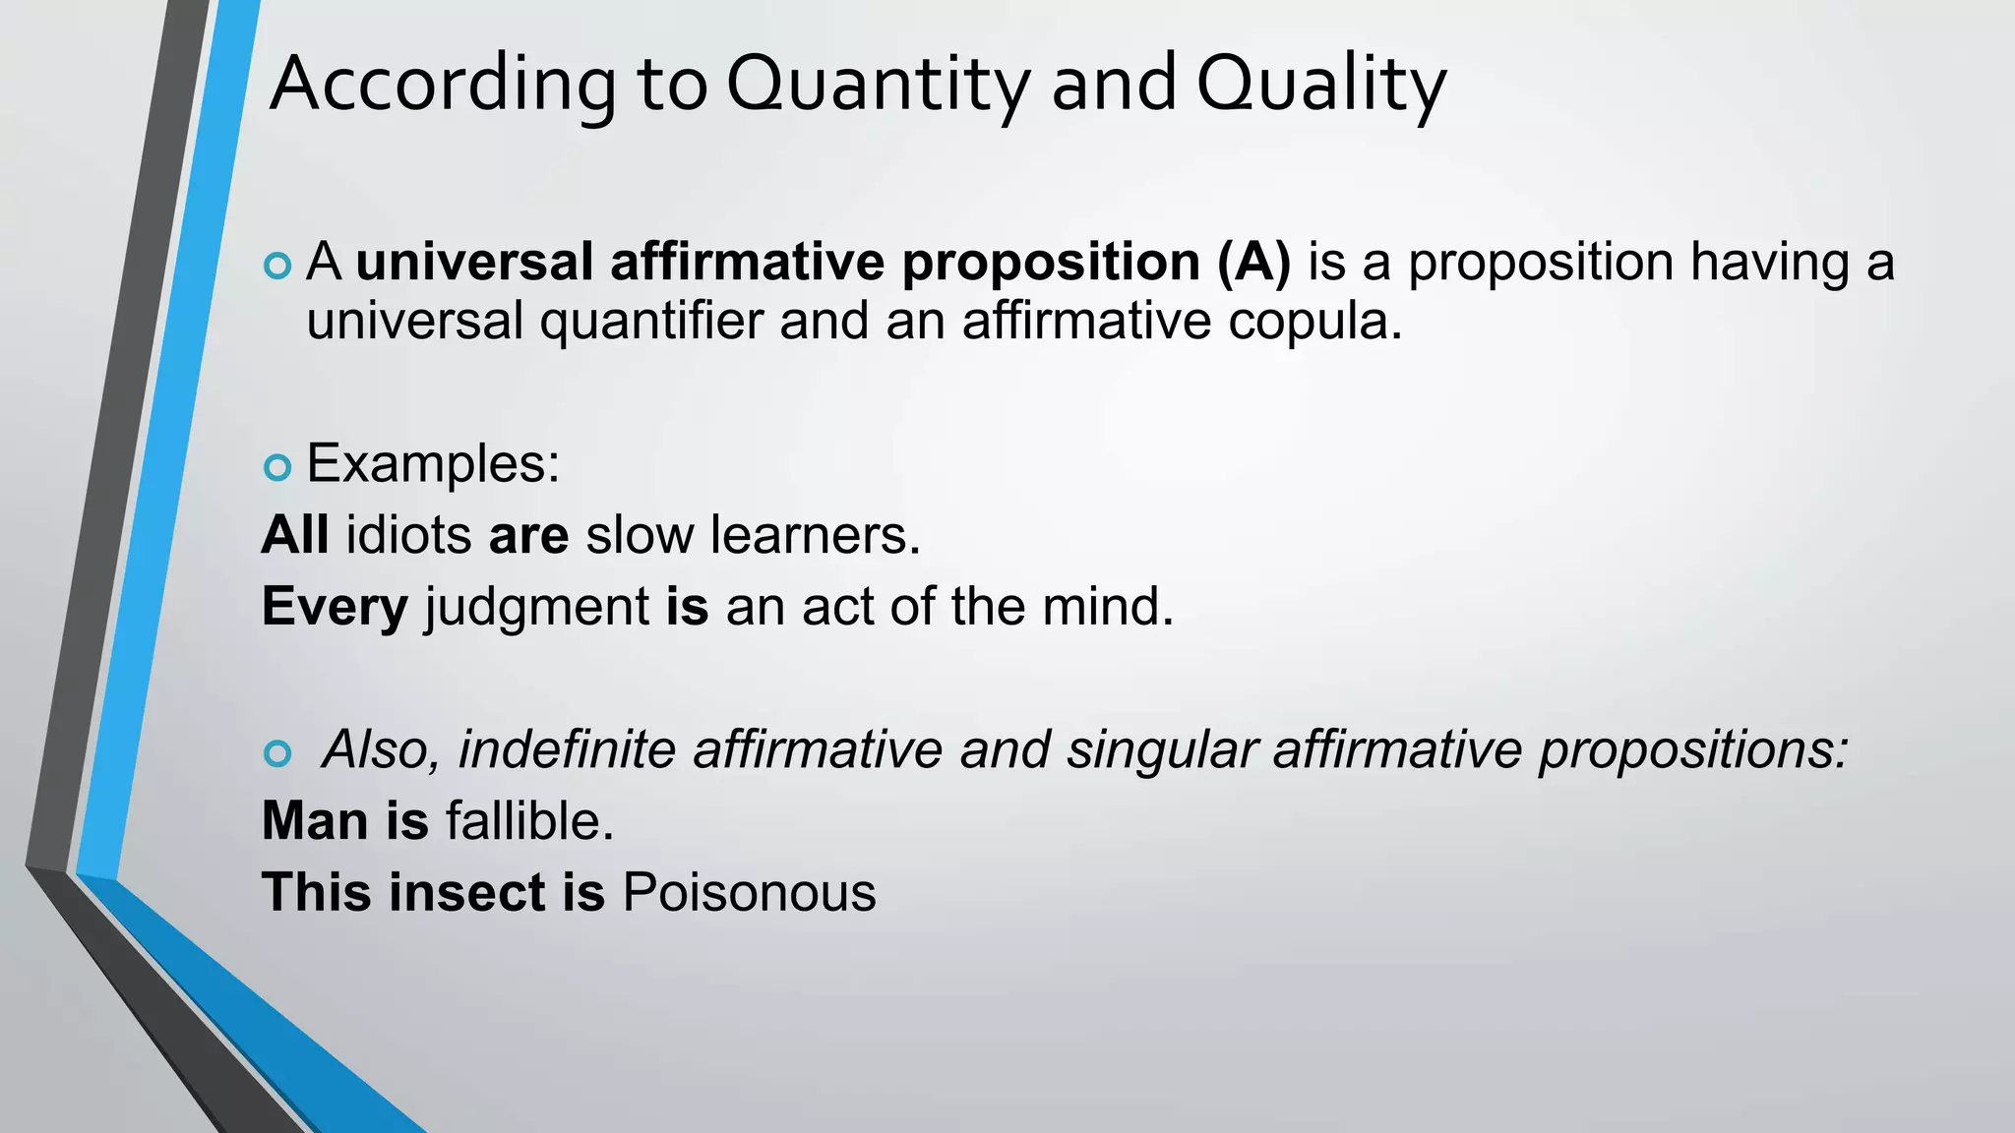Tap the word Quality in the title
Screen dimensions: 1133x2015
[1320, 85]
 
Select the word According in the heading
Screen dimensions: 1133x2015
[443, 85]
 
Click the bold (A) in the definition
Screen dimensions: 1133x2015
[1253, 263]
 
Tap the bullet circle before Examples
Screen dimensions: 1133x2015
[278, 467]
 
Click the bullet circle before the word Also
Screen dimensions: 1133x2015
[278, 753]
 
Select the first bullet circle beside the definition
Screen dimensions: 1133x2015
[278, 266]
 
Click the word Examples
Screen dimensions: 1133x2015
[433, 463]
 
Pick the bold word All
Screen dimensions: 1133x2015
[295, 535]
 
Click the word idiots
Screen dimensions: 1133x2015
[408, 535]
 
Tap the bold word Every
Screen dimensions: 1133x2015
[335, 607]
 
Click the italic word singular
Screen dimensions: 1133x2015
[1162, 751]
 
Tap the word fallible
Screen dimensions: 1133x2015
[529, 821]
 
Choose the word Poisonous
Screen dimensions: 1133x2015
[749, 893]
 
